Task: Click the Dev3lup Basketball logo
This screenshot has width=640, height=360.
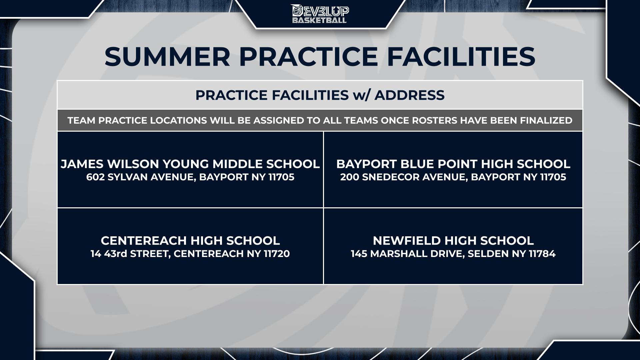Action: point(320,14)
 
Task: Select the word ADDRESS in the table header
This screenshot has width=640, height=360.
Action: point(410,95)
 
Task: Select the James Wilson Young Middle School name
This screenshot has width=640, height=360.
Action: point(190,164)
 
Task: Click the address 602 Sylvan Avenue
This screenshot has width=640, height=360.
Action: point(140,177)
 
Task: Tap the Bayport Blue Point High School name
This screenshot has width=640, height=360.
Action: point(453,164)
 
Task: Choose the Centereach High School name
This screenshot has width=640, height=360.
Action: point(190,241)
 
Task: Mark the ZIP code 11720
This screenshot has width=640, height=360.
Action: point(277,254)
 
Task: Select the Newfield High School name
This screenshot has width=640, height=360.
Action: point(453,241)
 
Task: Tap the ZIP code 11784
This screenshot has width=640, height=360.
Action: point(542,254)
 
